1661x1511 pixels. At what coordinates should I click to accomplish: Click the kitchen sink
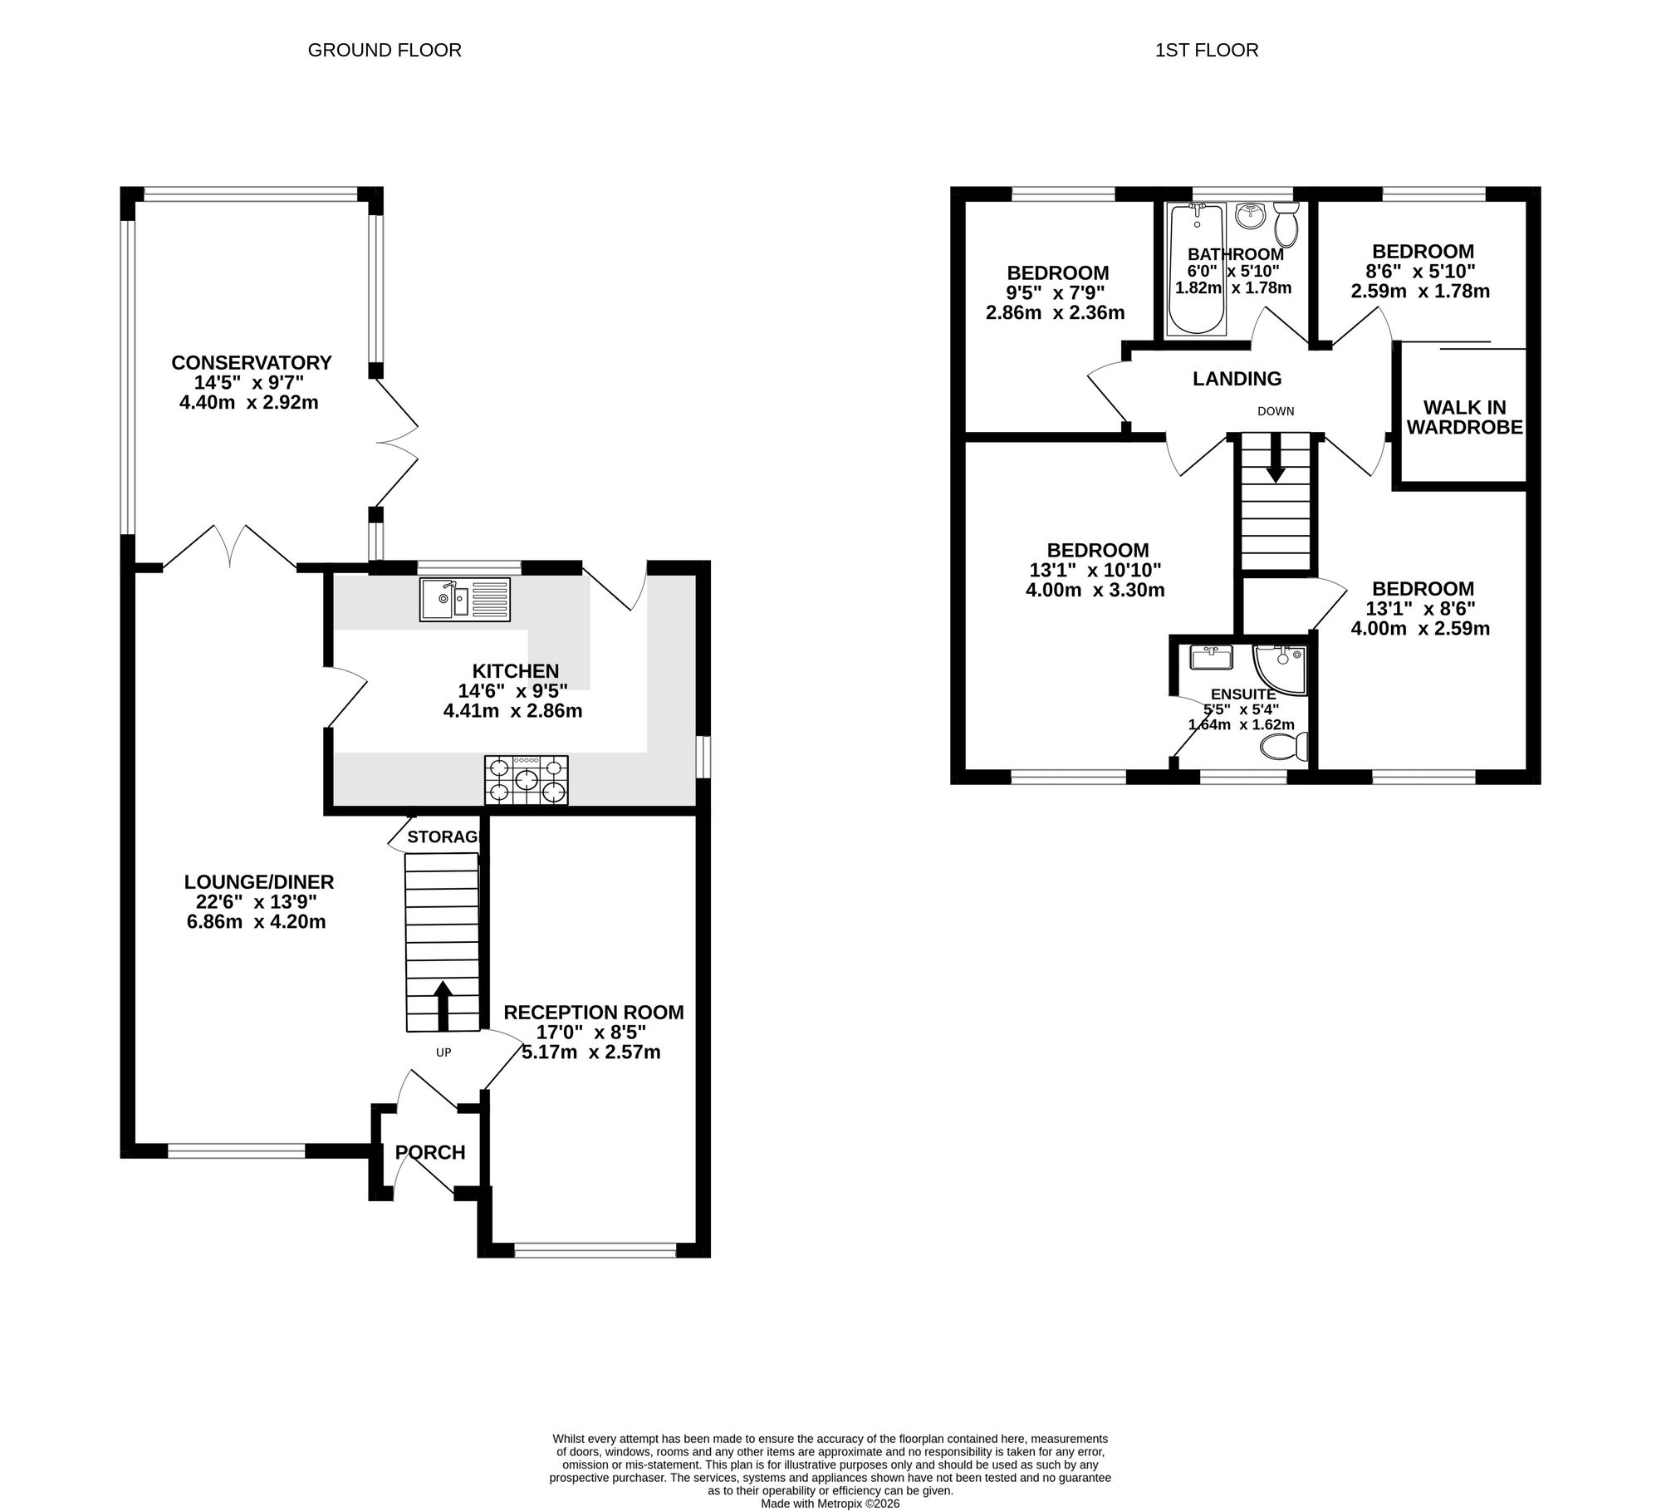[x=465, y=599]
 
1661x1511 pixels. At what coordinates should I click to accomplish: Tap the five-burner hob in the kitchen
[x=527, y=780]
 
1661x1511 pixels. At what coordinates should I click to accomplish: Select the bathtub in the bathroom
[x=1196, y=270]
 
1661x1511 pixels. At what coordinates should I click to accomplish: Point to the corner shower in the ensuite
[x=1281, y=670]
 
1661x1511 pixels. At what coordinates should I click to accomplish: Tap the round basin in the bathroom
[x=1249, y=216]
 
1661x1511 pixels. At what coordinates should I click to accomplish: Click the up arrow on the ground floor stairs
[x=443, y=1006]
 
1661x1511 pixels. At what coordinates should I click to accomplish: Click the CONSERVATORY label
[x=251, y=363]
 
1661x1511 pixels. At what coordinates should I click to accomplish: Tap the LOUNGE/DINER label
[x=259, y=881]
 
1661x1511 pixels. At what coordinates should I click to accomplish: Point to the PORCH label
[x=430, y=1152]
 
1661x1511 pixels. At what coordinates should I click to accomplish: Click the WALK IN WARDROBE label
[x=1465, y=417]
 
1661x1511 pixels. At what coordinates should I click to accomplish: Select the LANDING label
[x=1237, y=379]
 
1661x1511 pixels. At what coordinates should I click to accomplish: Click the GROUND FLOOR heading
[x=385, y=50]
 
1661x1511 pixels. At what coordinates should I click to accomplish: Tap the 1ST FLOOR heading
[x=1207, y=50]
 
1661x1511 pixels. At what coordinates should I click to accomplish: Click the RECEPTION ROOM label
[x=594, y=1013]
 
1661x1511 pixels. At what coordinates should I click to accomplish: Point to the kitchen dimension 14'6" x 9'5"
[x=513, y=690]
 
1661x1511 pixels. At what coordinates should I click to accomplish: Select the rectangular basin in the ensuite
[x=1212, y=659]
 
